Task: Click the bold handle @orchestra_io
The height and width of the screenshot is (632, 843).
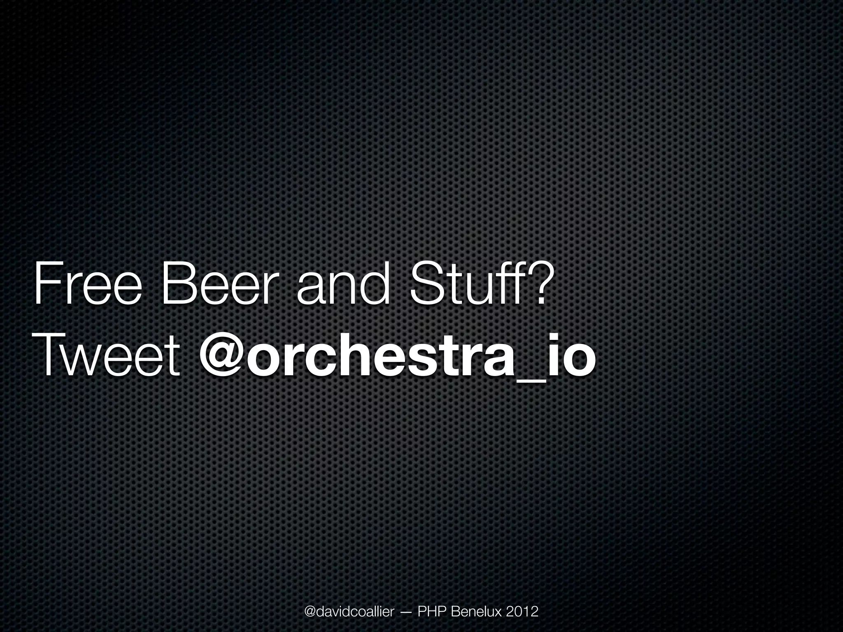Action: click(397, 355)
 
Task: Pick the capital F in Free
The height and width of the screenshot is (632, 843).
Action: click(45, 284)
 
